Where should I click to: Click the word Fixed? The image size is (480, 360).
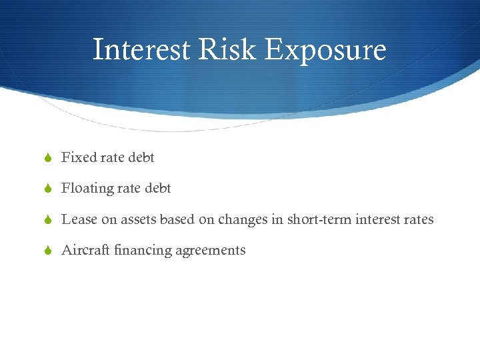[x=79, y=157]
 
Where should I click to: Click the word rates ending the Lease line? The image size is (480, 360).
[x=418, y=219]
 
